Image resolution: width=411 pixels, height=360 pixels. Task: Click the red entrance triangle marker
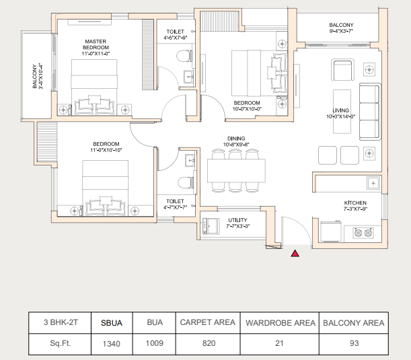point(295,253)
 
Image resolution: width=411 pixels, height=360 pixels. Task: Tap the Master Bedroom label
point(96,44)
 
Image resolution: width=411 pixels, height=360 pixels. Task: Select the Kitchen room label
point(355,203)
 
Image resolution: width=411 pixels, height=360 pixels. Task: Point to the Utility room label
point(237,220)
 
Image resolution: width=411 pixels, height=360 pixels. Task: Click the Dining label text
point(236,139)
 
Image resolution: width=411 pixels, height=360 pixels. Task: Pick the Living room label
point(341,110)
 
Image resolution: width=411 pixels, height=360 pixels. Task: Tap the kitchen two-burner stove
point(363,233)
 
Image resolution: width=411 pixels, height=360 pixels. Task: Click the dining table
point(236,170)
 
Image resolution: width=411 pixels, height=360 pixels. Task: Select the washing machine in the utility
point(211,226)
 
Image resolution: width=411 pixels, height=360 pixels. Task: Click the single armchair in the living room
point(343,70)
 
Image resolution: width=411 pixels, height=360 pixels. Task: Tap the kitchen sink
point(373,183)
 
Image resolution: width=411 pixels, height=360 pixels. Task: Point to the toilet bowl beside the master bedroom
point(184,56)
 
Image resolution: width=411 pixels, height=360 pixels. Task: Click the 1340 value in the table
point(112,344)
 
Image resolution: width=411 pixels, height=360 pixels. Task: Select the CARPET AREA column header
point(208,322)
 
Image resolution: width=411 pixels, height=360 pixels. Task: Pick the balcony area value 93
point(354,343)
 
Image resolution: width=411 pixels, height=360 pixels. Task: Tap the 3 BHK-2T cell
point(61,322)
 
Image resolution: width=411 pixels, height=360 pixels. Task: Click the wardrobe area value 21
point(279,343)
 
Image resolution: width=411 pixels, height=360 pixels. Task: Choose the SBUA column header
point(112,323)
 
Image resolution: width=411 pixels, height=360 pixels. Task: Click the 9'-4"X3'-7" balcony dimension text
point(341,31)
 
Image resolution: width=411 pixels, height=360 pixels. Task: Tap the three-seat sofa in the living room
point(369,112)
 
